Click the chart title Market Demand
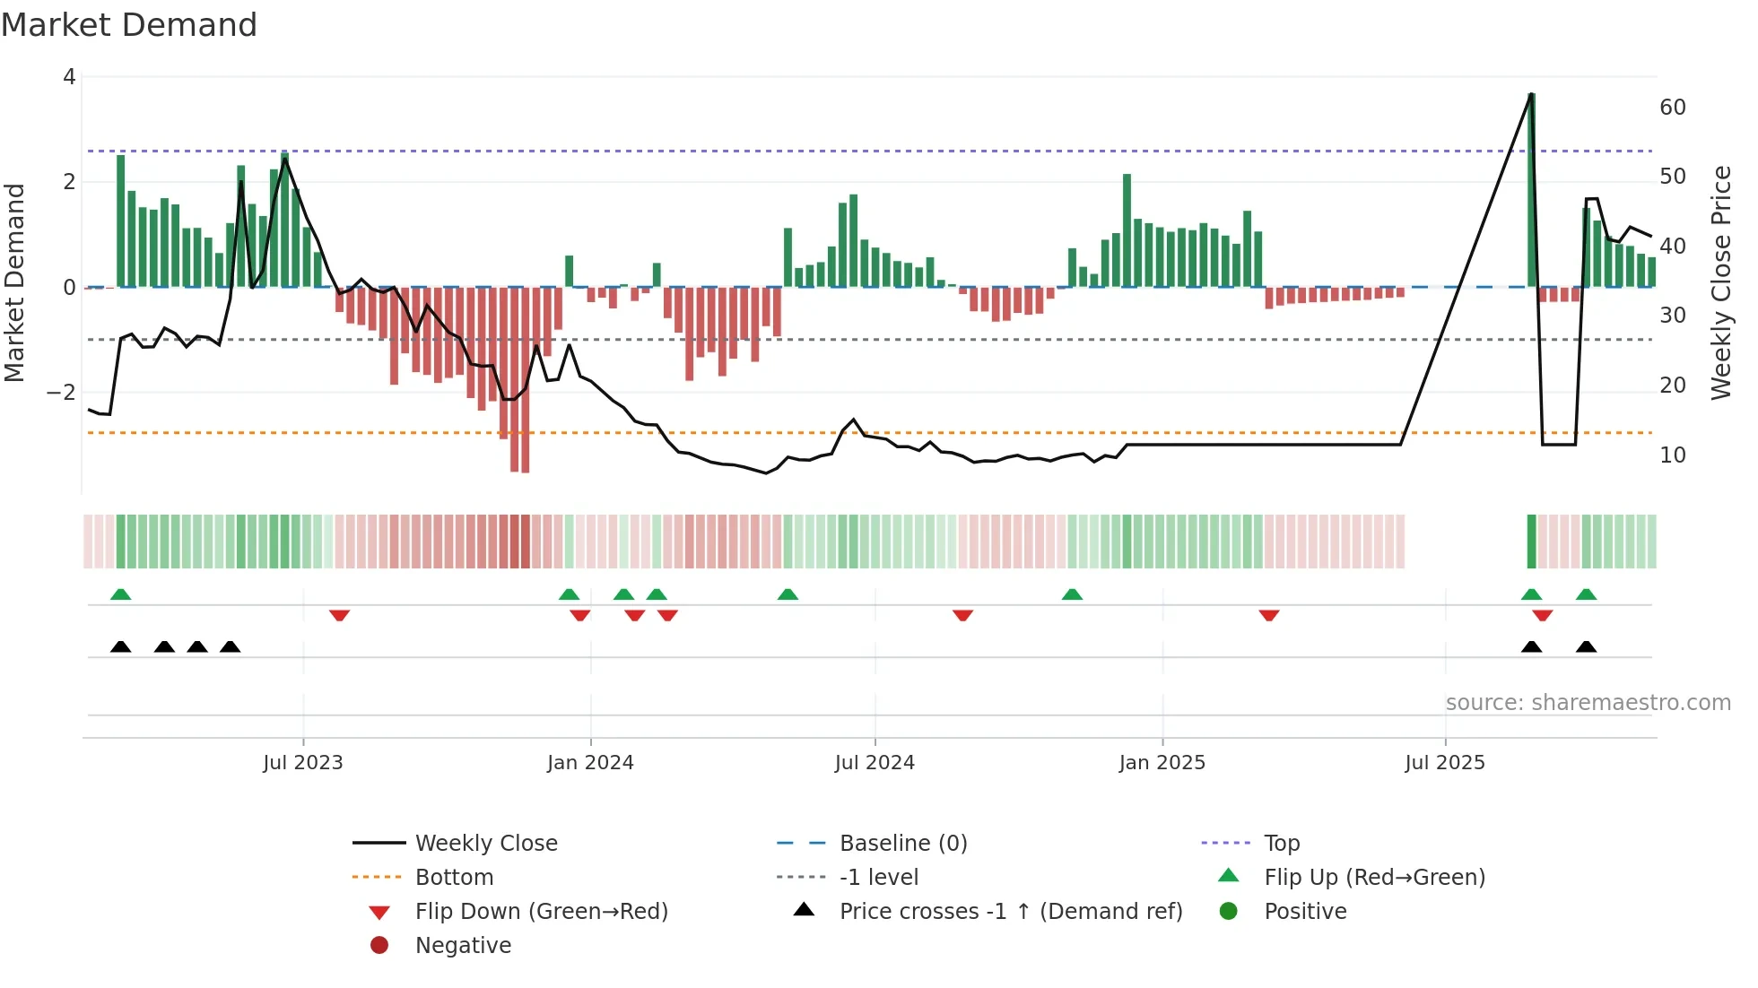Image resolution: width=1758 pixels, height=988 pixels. point(129,25)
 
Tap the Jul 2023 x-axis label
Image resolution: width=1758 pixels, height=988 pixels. point(303,763)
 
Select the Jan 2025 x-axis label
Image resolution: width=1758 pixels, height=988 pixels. point(1162,763)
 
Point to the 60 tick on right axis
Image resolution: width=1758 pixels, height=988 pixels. point(1672,108)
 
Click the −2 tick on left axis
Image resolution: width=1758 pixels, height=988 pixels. point(61,393)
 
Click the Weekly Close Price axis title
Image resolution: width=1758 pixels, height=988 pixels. point(1720,282)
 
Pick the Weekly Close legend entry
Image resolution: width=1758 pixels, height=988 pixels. point(485,844)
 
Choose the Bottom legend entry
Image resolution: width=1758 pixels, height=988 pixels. point(454,878)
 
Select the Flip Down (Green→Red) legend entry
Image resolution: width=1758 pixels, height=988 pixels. point(541,912)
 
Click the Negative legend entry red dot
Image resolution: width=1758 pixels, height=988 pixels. point(379,946)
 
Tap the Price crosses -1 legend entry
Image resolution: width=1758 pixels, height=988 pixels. point(1010,912)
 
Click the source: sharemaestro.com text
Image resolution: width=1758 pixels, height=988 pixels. point(1588,703)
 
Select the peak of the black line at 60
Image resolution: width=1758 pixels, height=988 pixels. point(1531,94)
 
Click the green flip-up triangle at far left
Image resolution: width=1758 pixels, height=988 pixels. point(120,594)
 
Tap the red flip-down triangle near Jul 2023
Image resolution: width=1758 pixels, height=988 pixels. point(339,616)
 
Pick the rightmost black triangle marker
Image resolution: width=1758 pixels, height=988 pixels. point(1586,647)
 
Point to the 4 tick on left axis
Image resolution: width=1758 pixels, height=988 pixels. point(69,77)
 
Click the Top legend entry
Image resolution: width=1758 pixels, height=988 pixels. point(1281,844)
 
